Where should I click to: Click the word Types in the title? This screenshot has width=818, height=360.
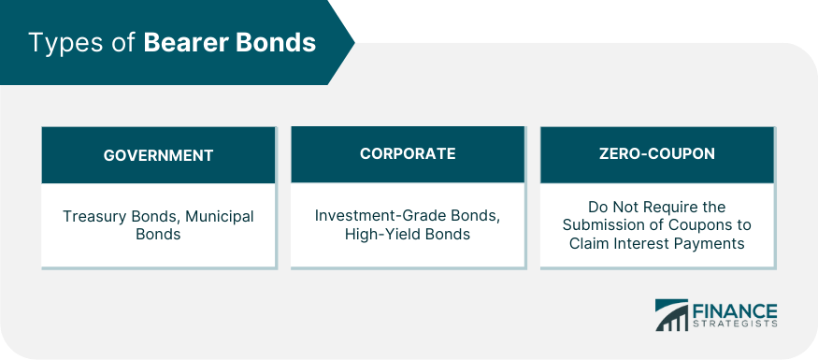[x=65, y=43]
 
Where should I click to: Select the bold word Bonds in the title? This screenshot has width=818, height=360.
[x=276, y=42]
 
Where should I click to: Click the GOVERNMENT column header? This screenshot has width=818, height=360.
[x=158, y=155]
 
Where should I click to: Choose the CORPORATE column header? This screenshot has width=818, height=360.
[x=408, y=153]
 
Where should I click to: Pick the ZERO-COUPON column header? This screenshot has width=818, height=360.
[x=657, y=153]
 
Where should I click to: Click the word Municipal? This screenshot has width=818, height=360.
[x=220, y=217]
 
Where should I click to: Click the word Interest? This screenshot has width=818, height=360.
[x=640, y=243]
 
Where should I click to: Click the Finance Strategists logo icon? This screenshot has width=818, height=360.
[x=672, y=315]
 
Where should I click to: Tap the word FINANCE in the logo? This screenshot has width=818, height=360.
[x=735, y=310]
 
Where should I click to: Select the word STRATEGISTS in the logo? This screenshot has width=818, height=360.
[x=735, y=324]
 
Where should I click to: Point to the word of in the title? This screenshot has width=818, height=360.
[x=122, y=42]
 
